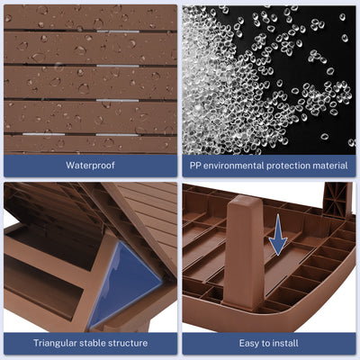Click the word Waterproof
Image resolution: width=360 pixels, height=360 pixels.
pyautogui.click(x=90, y=166)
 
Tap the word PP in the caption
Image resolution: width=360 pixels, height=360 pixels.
pyautogui.click(x=195, y=166)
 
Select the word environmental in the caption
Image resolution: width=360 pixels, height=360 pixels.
pyautogui.click(x=234, y=166)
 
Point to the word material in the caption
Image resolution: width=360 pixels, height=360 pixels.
pyautogui.click(x=330, y=166)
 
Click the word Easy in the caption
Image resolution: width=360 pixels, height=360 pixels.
pyautogui.click(x=249, y=343)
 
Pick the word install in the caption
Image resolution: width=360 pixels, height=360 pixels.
pyautogui.click(x=285, y=343)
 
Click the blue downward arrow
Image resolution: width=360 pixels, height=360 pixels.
pyautogui.click(x=278, y=235)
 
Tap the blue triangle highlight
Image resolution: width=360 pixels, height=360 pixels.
pyautogui.click(x=124, y=283)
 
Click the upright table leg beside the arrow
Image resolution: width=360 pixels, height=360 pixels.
pyautogui.click(x=244, y=252)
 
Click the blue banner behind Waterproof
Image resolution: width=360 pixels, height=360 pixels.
pyautogui.click(x=90, y=166)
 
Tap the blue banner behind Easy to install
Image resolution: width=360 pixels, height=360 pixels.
pyautogui.click(x=269, y=343)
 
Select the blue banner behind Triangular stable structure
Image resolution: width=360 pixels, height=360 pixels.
pyautogui.click(x=90, y=343)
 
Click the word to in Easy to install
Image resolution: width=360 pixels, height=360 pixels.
pyautogui.click(x=266, y=343)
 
